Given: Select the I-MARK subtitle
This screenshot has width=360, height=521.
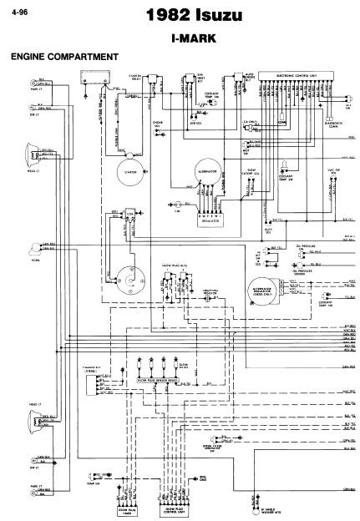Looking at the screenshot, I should (x=181, y=38).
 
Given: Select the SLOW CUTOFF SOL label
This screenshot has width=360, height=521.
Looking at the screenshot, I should (x=255, y=195).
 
